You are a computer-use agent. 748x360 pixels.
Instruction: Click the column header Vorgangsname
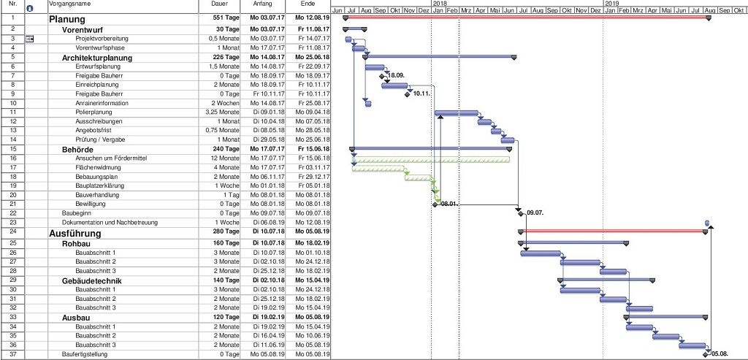coord(71,4)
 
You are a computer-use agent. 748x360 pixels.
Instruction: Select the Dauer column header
coord(219,4)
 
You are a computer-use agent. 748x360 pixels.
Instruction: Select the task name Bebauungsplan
coord(96,177)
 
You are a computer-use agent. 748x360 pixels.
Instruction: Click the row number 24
coord(13,232)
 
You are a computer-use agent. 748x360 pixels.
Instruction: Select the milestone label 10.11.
coord(421,93)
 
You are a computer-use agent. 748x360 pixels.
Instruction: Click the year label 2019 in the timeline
coord(612,4)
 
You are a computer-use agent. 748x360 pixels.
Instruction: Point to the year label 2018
coord(440,4)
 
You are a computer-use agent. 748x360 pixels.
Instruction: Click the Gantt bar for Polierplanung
coord(457,112)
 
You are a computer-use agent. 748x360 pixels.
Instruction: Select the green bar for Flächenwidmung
coord(379,168)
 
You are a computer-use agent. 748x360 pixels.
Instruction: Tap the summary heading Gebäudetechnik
coord(91,280)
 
